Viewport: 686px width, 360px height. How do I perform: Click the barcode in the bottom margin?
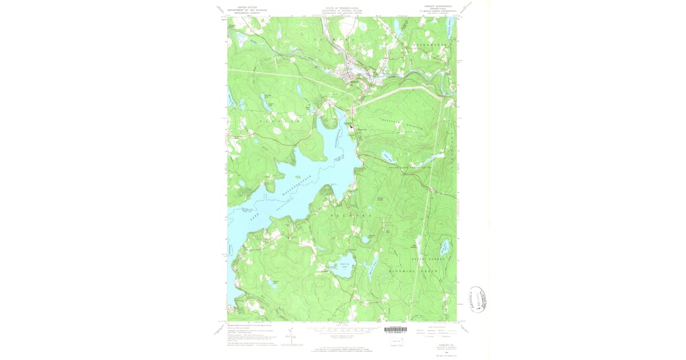pyautogui.click(x=396, y=330)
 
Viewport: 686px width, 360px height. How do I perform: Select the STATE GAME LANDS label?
pyautogui.click(x=412, y=167)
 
